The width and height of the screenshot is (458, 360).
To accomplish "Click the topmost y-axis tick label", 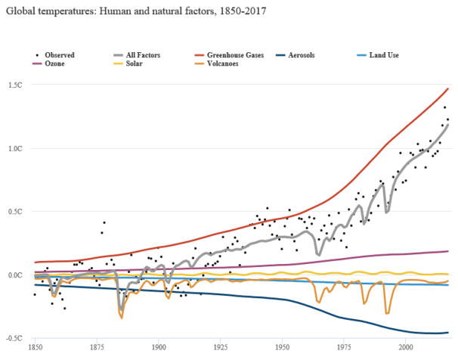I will pos(16,85).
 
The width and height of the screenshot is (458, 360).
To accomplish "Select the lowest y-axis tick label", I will pos(16,338).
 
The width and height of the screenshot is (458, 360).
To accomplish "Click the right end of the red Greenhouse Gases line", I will pos(448,88).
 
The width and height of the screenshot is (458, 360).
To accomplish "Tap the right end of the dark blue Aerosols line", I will pos(449,332).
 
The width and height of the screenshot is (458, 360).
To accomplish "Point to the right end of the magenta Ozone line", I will pos(449,251).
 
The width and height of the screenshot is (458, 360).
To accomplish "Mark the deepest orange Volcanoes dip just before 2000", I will pos(388,312).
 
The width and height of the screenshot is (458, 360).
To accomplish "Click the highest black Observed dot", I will pos(445,107).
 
